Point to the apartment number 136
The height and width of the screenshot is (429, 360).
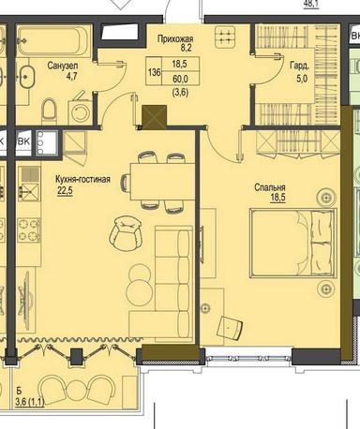127,72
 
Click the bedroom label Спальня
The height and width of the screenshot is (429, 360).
271,187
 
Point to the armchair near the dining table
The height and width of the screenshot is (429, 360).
124,232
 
